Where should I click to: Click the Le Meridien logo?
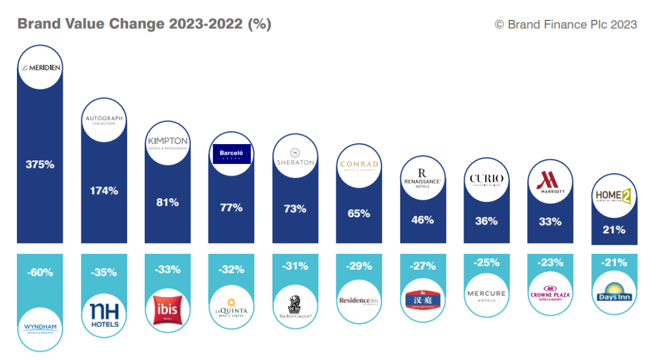click(40, 68)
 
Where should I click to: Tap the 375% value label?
click(40, 164)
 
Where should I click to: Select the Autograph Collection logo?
click(104, 120)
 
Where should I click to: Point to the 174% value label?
click(104, 191)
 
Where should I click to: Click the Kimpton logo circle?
click(168, 142)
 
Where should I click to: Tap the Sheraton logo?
click(295, 156)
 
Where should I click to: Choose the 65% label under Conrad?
click(359, 213)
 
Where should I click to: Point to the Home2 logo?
click(613, 197)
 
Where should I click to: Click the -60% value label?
click(40, 273)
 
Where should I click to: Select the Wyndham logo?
click(40, 329)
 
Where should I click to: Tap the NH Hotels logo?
click(104, 314)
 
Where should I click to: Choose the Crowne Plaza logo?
click(550, 294)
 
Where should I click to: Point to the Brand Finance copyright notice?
click(565, 24)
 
